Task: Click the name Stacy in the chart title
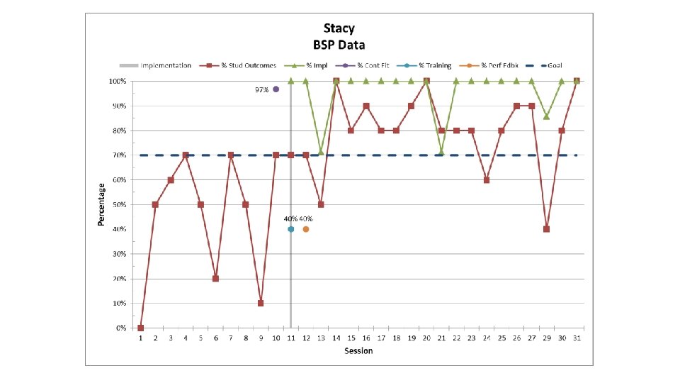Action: [x=339, y=28]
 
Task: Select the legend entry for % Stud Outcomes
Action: [x=238, y=65]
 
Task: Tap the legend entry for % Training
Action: [x=424, y=65]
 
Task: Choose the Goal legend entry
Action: [x=544, y=65]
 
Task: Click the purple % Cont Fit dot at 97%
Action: [x=276, y=89]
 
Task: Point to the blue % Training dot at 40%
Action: [x=291, y=229]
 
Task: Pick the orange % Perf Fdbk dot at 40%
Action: [x=306, y=229]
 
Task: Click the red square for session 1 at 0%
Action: [x=140, y=328]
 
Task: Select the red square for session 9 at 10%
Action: [x=261, y=303]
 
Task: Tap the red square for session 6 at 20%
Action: [x=215, y=278]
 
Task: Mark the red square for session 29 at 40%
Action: [x=546, y=229]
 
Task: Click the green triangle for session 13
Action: [x=321, y=152]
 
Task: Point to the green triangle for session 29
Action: [x=546, y=117]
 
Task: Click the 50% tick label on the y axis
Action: [x=119, y=204]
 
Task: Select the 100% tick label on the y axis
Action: [x=118, y=81]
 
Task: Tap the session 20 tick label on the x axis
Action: [x=426, y=338]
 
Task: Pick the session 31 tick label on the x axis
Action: [x=577, y=338]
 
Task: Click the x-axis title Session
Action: [x=358, y=351]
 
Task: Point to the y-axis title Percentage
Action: [x=101, y=204]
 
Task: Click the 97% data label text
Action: [x=261, y=90]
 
